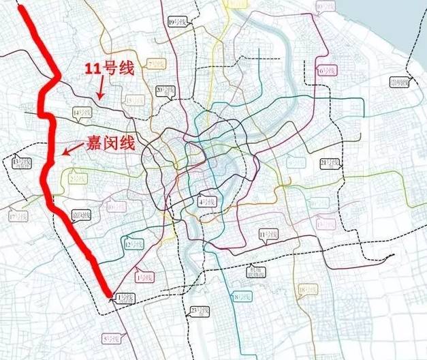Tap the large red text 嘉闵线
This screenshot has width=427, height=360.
pos(110,143)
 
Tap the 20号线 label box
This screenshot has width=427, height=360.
pos(164,89)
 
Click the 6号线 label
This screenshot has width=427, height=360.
pos(326,70)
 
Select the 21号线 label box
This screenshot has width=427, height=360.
pos(330,163)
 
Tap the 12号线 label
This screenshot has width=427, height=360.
pos(133,244)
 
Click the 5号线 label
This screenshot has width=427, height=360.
pos(110,338)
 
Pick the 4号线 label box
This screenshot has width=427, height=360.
pos(206,202)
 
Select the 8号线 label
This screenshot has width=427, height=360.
pos(242,297)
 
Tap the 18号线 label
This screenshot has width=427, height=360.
pos(307,289)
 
